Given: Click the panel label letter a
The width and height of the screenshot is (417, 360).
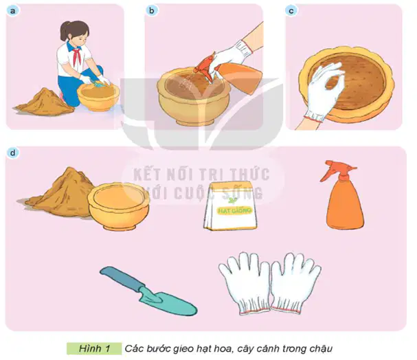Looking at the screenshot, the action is click(12, 11).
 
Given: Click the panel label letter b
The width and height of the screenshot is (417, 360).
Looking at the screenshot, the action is click(152, 10).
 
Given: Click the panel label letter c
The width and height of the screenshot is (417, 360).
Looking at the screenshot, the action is click(291, 11).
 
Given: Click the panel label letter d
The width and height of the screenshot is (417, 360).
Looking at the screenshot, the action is click(12, 153).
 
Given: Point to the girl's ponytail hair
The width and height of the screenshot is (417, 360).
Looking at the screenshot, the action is click(65, 31).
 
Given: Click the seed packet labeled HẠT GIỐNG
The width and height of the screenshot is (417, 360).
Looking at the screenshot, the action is click(230, 206).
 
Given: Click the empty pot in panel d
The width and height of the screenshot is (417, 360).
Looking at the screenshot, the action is click(119, 206).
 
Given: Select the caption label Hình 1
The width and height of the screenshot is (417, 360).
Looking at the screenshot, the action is click(94, 348).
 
